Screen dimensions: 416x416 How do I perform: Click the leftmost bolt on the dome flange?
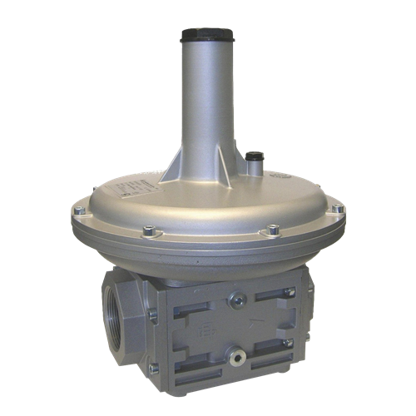pyautogui.click(x=78, y=212)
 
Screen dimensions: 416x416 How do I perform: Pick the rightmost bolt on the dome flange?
pyautogui.click(x=339, y=209)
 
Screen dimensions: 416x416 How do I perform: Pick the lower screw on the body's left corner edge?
pyautogui.click(x=152, y=367)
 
